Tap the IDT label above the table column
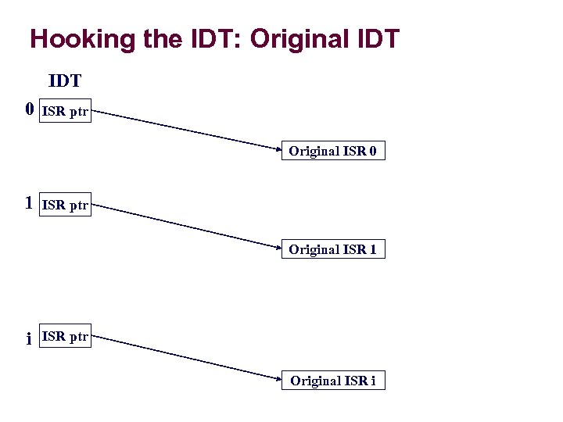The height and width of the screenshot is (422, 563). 66,80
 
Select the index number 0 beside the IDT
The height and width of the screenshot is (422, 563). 30,109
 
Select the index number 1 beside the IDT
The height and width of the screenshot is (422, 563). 29,204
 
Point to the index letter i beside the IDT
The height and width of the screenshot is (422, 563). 29,338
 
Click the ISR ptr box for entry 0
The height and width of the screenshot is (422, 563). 65,112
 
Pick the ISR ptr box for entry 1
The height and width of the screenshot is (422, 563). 65,206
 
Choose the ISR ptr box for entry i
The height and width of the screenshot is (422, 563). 65,338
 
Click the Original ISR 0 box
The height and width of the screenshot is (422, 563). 333,152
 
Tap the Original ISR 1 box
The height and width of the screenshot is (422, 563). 333,250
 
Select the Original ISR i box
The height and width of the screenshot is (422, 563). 333,381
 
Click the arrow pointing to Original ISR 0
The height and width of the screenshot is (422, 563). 188,129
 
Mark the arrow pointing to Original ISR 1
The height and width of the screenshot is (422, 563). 188,227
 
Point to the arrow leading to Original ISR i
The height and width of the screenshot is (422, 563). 188,358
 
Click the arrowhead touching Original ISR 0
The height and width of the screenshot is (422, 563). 278,148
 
